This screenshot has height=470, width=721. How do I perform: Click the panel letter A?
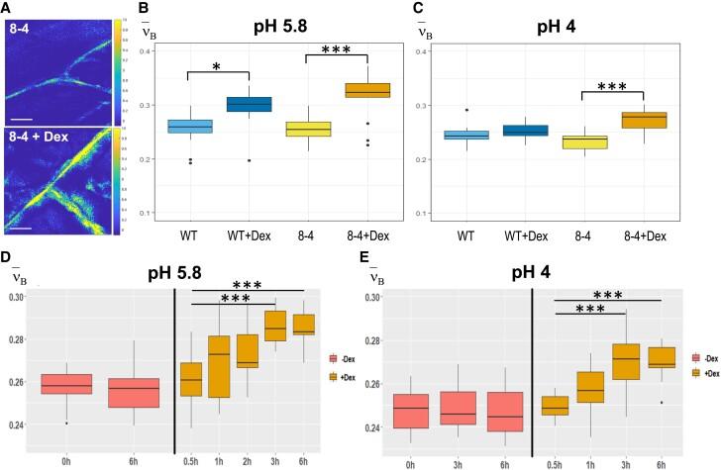click(x=7, y=8)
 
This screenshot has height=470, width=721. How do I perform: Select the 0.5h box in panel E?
click(x=556, y=405)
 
